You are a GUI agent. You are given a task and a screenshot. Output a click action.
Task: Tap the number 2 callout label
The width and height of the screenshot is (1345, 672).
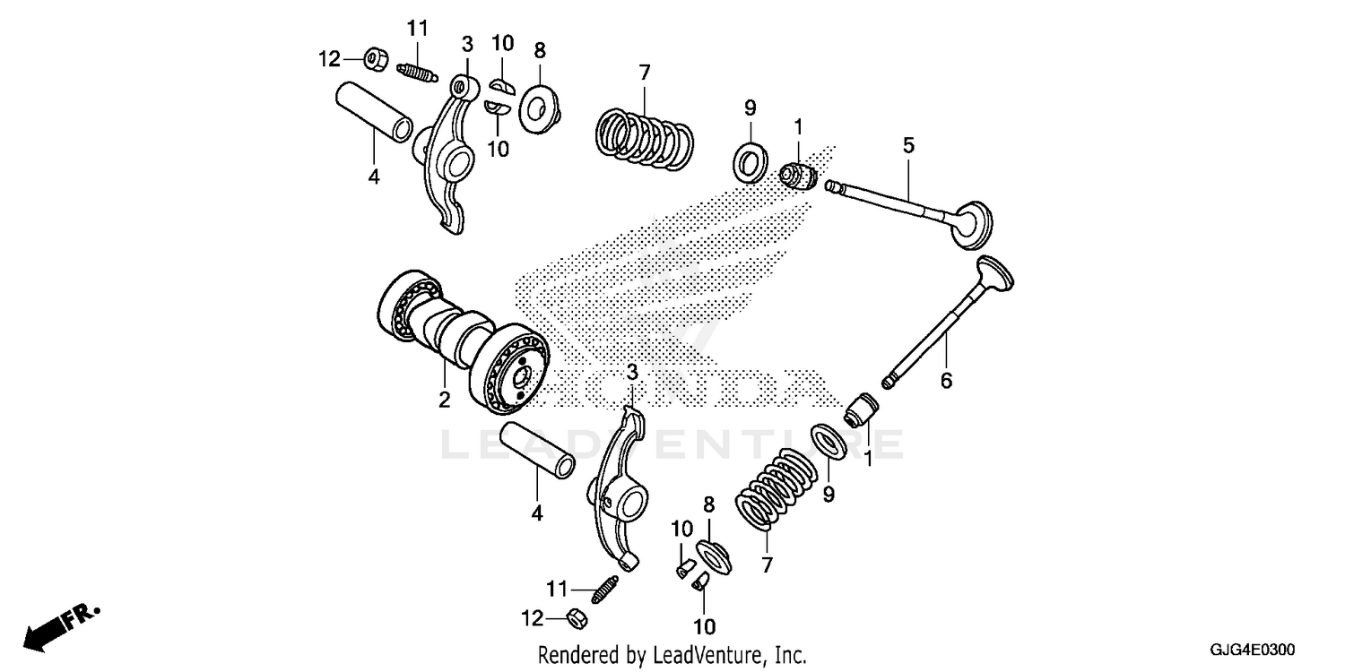pos(444,401)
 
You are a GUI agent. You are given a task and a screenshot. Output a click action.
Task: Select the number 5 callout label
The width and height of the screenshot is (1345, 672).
pos(908,145)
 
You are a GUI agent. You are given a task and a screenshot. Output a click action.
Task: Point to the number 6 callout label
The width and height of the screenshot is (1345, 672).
pos(945,381)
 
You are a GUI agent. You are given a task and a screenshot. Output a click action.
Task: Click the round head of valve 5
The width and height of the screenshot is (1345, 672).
pos(974,223)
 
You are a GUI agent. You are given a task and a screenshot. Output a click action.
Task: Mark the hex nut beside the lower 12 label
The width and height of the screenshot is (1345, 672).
pos(577,617)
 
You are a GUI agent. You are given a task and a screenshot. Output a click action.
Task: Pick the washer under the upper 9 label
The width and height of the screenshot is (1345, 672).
pos(750,159)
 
